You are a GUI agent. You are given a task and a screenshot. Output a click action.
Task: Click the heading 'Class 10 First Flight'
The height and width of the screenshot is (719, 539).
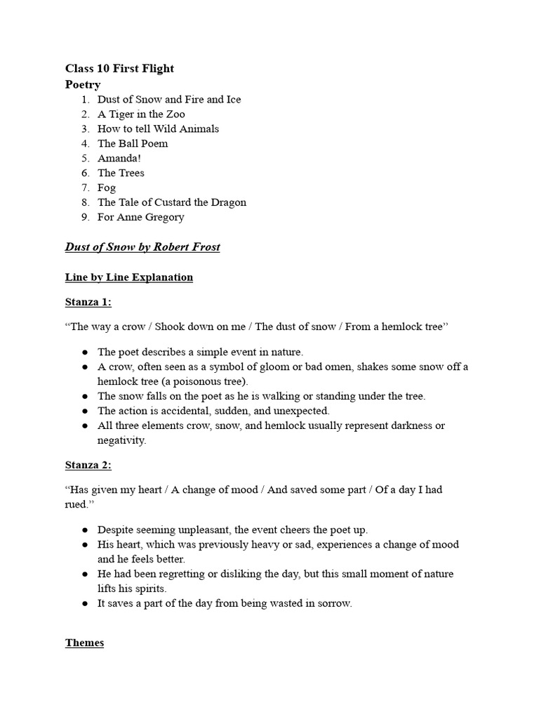[119, 68]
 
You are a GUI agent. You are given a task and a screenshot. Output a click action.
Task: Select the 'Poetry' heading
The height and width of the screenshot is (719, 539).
[83, 84]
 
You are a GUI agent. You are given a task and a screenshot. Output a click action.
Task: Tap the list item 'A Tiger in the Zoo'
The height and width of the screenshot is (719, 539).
[141, 114]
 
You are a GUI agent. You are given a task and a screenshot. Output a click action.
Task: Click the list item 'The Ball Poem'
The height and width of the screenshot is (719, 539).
[133, 143]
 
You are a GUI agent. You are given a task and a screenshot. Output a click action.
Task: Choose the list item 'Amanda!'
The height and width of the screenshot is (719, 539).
[119, 158]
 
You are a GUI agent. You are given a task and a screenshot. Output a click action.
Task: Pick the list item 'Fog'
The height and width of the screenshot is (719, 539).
[107, 187]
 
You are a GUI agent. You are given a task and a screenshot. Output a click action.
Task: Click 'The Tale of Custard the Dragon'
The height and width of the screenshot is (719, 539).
[172, 202]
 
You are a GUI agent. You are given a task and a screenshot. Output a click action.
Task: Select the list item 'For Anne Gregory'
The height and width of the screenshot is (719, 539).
[140, 217]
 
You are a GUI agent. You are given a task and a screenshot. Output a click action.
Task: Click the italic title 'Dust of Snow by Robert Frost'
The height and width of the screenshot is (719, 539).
[142, 247]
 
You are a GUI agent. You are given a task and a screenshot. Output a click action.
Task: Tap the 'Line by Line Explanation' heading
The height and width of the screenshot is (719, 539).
[129, 277]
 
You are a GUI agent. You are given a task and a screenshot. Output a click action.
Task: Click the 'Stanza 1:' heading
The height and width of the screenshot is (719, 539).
[88, 302]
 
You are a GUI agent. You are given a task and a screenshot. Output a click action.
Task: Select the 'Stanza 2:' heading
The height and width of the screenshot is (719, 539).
[88, 465]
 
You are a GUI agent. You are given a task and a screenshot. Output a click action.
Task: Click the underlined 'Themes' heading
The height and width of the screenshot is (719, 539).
[84, 642]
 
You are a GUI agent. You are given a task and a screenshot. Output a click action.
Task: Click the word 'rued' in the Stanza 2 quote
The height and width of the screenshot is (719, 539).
[77, 504]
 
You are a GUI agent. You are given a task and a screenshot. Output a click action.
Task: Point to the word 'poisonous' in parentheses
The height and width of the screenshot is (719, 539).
[184, 381]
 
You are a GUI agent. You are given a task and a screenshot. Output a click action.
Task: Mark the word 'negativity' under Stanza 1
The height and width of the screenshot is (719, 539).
[121, 440]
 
